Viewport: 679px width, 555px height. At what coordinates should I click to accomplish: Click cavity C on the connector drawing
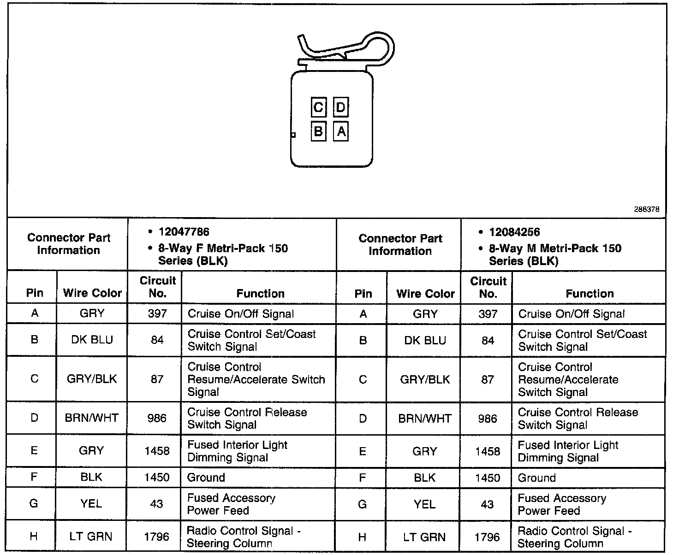(x=318, y=107)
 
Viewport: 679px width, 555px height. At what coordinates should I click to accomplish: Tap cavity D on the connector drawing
(x=340, y=107)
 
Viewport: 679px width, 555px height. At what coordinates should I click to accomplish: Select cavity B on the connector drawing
(x=318, y=132)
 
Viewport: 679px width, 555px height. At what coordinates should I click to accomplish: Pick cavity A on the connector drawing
(x=341, y=132)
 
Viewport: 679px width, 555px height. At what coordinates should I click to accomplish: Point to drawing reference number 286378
(x=646, y=209)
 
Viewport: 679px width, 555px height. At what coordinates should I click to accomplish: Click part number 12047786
(x=184, y=232)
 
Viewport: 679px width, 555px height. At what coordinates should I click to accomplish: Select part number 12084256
(x=514, y=232)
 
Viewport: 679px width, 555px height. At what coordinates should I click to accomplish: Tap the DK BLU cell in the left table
(x=92, y=340)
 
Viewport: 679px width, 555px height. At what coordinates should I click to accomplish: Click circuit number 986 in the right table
(x=488, y=419)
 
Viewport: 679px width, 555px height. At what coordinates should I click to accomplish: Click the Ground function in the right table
(x=536, y=478)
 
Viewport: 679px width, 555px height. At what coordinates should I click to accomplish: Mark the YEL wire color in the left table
(x=91, y=504)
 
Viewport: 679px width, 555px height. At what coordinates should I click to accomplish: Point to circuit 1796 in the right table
(x=488, y=537)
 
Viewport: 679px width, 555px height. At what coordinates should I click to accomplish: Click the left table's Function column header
(x=260, y=294)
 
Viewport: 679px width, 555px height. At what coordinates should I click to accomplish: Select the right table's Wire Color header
(x=425, y=294)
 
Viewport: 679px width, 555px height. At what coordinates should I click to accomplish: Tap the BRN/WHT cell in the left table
(x=92, y=418)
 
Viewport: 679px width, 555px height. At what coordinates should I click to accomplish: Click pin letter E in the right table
(x=363, y=451)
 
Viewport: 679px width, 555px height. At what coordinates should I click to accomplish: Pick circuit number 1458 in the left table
(x=157, y=451)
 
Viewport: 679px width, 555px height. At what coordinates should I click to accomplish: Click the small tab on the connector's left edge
(x=293, y=135)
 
